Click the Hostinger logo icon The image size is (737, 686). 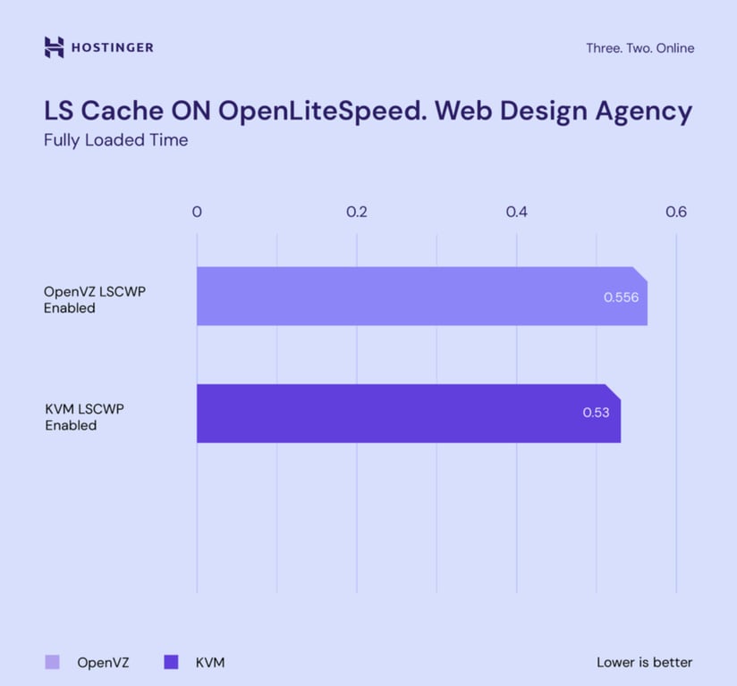point(55,47)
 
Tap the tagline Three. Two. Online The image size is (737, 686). point(640,48)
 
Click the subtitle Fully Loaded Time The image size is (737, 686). point(116,140)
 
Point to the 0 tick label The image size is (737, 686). point(197,213)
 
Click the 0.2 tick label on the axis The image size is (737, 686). point(356,213)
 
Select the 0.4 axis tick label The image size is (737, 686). point(516,213)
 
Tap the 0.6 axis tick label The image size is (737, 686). point(675,213)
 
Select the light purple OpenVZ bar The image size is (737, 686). point(402,296)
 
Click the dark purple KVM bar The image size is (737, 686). point(385,413)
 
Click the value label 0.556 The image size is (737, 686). point(621,297)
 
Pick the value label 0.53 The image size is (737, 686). point(596,413)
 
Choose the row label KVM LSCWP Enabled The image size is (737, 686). point(84,417)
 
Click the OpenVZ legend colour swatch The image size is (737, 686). point(52,662)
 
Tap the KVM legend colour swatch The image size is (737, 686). point(171,662)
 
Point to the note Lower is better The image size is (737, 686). point(644,663)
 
